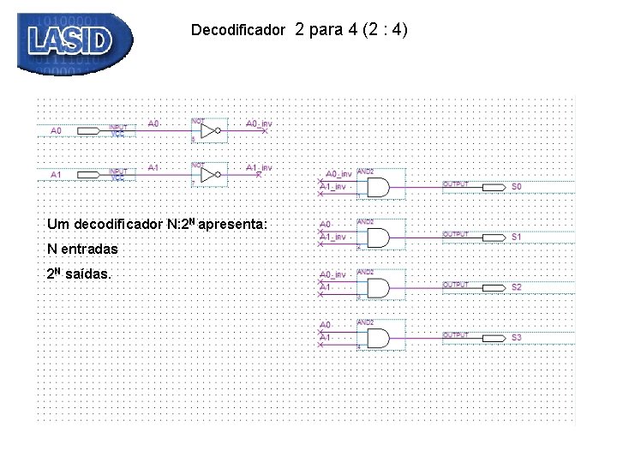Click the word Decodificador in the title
pyautogui.click(x=237, y=31)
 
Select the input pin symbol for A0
pyautogui.click(x=88, y=131)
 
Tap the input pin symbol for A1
pyautogui.click(x=88, y=175)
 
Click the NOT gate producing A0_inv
pyautogui.click(x=208, y=131)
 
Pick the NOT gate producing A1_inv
pyautogui.click(x=208, y=175)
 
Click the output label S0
pyautogui.click(x=517, y=186)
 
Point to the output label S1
pyautogui.click(x=517, y=237)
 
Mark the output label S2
pyautogui.click(x=517, y=287)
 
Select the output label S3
pyautogui.click(x=517, y=338)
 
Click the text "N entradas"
pyautogui.click(x=83, y=249)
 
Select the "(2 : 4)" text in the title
pyautogui.click(x=385, y=31)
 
